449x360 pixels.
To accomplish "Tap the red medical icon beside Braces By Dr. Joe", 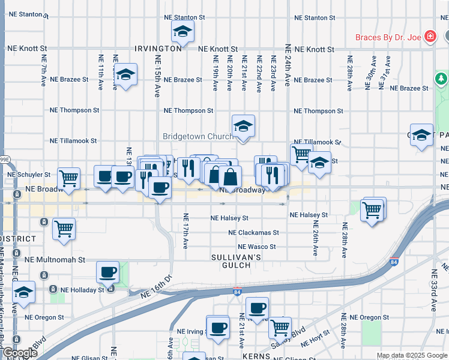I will tap(429, 37).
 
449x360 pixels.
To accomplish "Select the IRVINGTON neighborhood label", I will tap(158, 49).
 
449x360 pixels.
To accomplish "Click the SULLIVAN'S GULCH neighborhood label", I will tap(236, 261).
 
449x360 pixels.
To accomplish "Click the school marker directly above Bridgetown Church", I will tap(243, 127).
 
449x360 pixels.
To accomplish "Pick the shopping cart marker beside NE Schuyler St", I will tap(68, 178).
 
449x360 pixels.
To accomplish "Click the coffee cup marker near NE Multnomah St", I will tap(108, 272).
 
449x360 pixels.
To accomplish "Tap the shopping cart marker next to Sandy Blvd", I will tap(280, 328).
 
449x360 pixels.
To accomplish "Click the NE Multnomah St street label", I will tap(55, 260).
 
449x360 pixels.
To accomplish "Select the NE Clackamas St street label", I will tap(253, 233).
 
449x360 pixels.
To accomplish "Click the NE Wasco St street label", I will tap(256, 247).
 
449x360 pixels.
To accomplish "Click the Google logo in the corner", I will tap(20, 353).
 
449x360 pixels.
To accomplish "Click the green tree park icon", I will tap(441, 79).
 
